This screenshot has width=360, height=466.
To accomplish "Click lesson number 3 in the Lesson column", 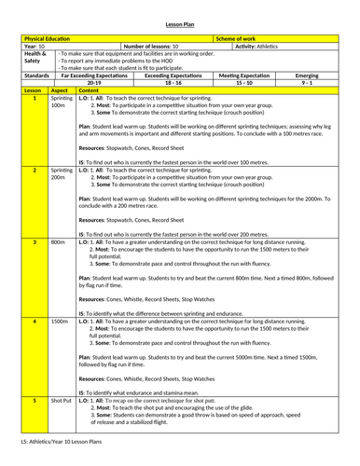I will pos(35,241).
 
